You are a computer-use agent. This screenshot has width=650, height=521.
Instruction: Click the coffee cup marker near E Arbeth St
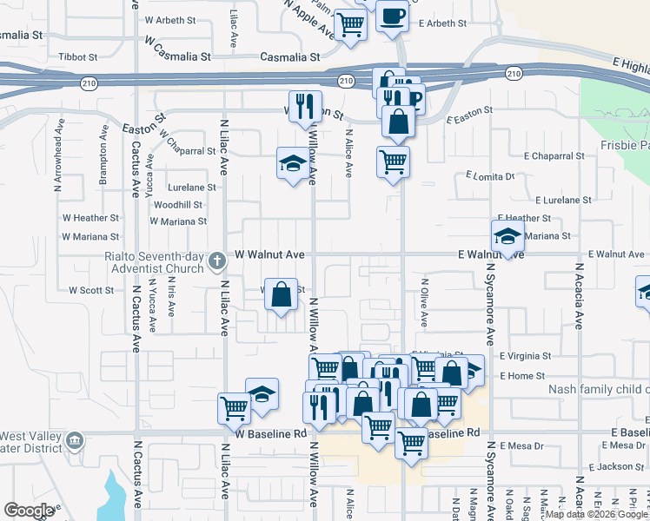(x=392, y=16)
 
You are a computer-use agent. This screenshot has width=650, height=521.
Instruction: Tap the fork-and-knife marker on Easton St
(x=305, y=107)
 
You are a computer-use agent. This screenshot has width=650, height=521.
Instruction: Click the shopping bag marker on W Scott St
(x=282, y=294)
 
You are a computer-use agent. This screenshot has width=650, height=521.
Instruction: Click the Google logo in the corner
(x=29, y=511)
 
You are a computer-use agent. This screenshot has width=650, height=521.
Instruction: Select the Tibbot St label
(x=77, y=56)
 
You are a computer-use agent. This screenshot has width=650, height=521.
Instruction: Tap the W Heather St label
(x=90, y=218)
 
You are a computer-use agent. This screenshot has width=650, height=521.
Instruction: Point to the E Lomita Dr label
(x=490, y=175)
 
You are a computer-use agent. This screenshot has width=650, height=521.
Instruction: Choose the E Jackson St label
(x=616, y=467)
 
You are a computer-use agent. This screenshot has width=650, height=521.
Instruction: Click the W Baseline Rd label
(x=271, y=432)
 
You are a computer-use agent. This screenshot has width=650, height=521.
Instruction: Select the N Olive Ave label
(x=425, y=301)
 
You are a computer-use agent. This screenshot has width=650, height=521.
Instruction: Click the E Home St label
(x=522, y=375)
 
